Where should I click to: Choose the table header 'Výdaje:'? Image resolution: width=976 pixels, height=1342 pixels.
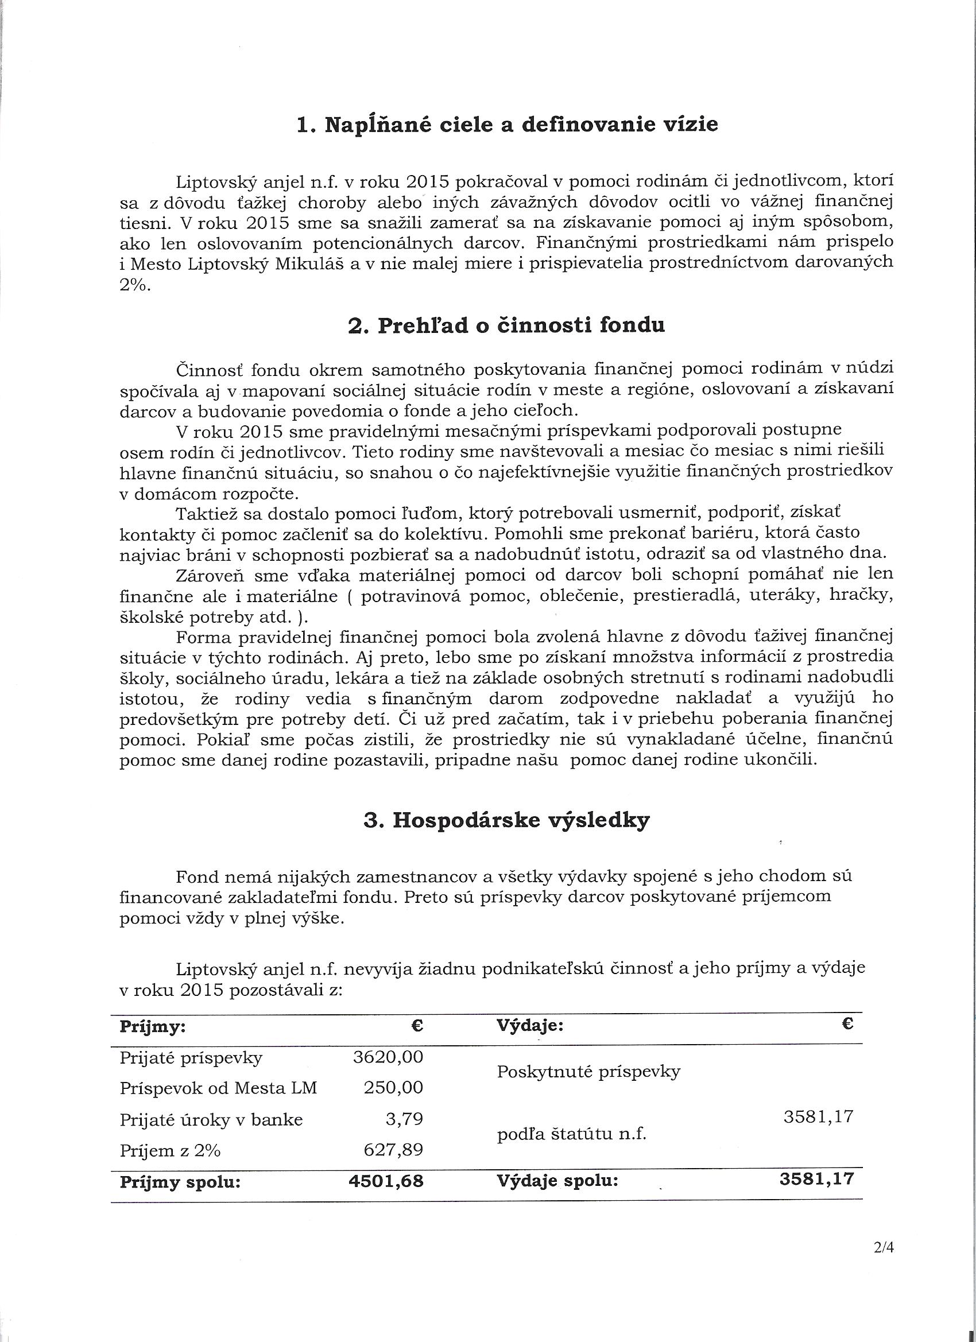click(530, 1027)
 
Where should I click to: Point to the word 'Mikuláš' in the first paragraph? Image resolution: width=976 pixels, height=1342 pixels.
click(310, 264)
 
